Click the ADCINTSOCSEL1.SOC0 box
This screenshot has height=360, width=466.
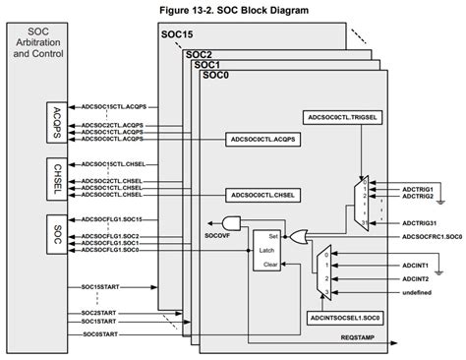coord(347,318)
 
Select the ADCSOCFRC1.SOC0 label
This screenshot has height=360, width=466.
coord(425,236)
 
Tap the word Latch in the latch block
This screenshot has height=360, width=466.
coord(267,251)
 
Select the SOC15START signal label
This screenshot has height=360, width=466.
coord(101,285)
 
